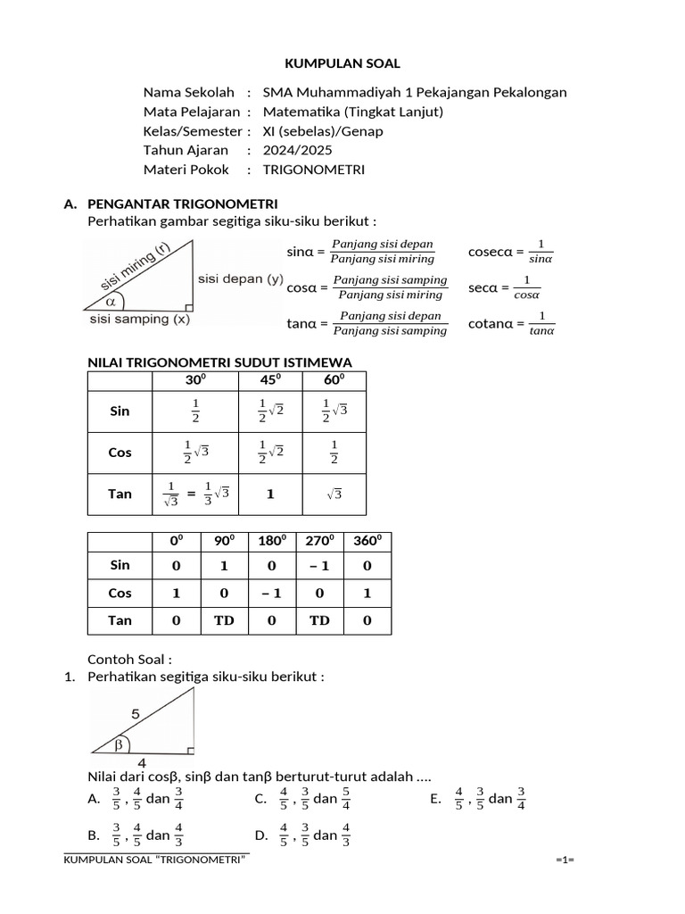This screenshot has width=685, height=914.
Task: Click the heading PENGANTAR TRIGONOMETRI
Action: [183, 204]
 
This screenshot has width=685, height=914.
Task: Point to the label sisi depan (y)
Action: [241, 278]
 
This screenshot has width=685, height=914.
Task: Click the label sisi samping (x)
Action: [139, 319]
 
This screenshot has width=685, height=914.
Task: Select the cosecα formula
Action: [511, 252]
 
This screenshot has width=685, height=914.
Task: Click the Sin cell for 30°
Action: [195, 411]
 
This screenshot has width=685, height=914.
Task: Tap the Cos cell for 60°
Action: [334, 453]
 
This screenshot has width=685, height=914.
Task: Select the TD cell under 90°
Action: [224, 620]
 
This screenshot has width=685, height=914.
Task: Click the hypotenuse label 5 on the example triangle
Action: [136, 714]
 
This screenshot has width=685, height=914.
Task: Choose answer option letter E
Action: [435, 799]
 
